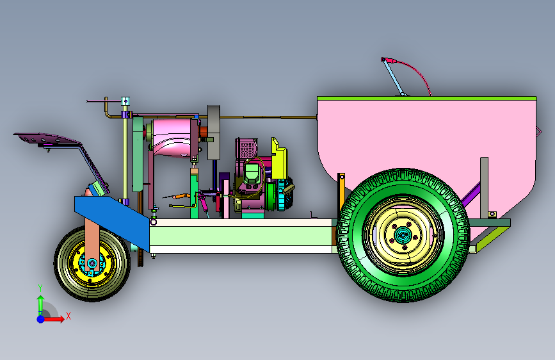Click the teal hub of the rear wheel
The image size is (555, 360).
[403, 235]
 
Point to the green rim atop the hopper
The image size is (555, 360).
[427, 98]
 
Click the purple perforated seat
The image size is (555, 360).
[46, 138]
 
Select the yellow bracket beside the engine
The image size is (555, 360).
[279, 160]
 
